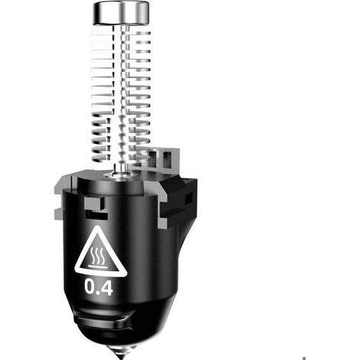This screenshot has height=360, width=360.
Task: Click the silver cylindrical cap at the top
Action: [x=121, y=13]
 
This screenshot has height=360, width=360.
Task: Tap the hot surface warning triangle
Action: [x=100, y=252]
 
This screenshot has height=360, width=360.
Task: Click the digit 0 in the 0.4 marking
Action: [x=90, y=286]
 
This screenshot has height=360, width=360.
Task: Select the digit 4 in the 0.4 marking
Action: [x=106, y=287]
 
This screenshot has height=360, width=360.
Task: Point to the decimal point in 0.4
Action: [x=99, y=293]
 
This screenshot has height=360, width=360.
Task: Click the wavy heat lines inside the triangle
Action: [x=97, y=255]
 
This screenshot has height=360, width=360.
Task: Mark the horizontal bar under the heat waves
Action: [x=98, y=267]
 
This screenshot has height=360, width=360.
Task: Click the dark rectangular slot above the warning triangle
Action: [x=97, y=214]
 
